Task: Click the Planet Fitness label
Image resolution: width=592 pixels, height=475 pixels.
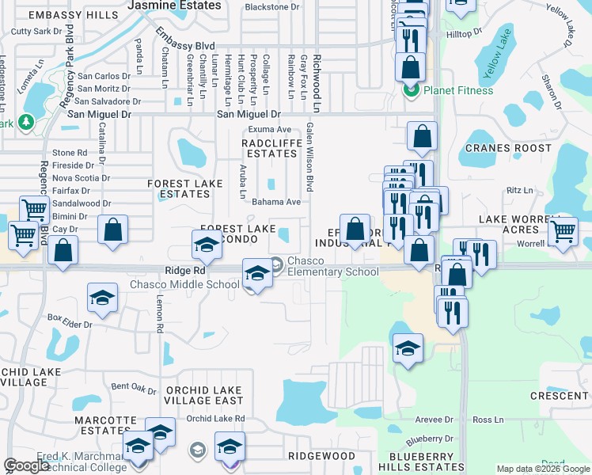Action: (x=458, y=90)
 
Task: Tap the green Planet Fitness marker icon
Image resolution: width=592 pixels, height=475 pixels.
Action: (x=411, y=90)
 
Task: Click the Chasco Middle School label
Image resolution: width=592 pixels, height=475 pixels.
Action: (x=184, y=285)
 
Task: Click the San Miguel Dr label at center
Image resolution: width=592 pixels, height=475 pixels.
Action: (x=249, y=115)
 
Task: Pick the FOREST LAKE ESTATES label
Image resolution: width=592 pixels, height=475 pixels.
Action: (x=185, y=188)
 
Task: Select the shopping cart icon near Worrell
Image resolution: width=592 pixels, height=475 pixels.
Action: (x=563, y=232)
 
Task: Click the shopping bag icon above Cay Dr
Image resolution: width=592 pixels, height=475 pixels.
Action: (x=114, y=230)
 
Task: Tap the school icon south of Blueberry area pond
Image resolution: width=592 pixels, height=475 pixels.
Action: (x=408, y=349)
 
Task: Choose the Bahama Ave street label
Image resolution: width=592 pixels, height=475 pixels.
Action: (x=276, y=202)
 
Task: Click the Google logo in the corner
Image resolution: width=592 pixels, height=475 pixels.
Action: (x=26, y=466)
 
